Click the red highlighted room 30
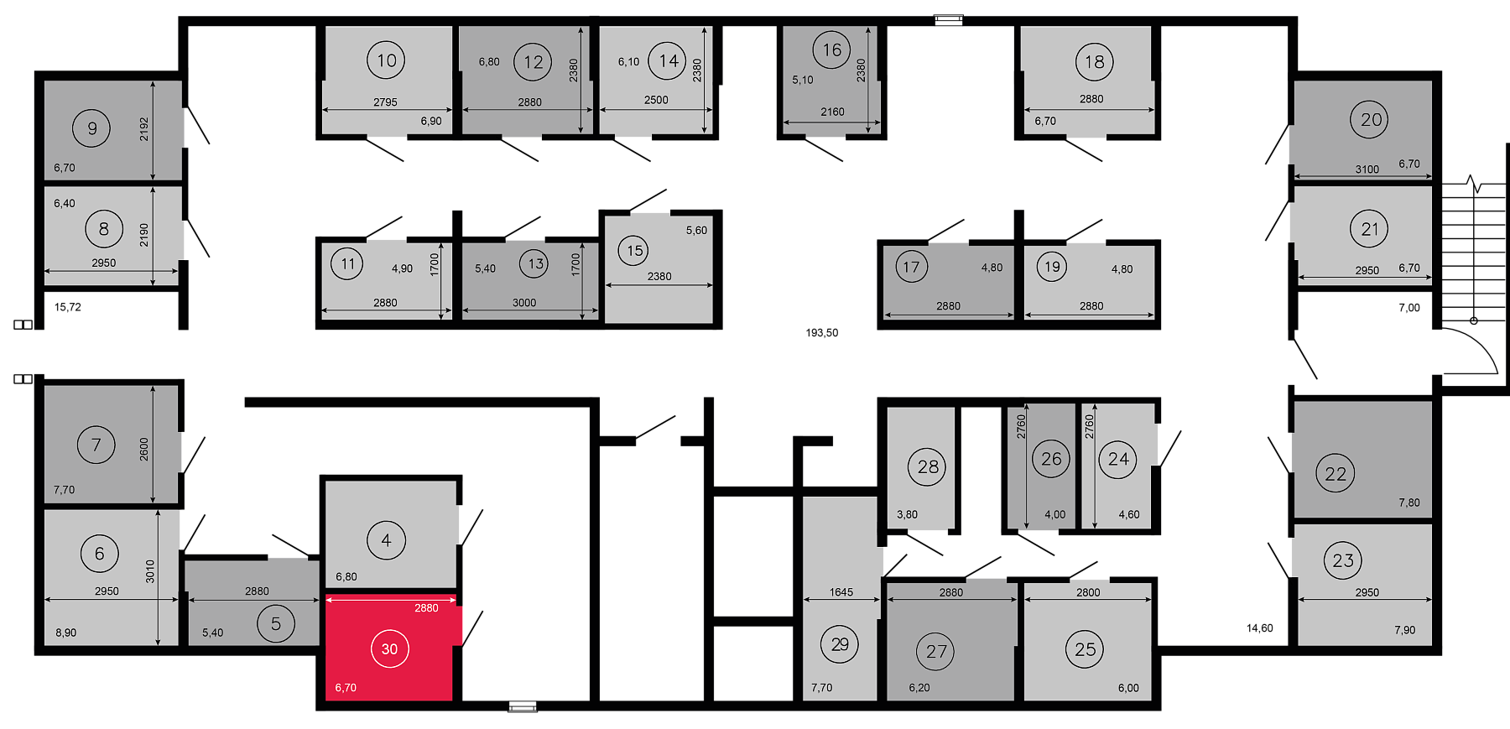[x=391, y=647]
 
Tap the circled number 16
[x=831, y=50]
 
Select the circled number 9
[x=91, y=128]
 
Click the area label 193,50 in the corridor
[x=822, y=333]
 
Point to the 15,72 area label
[x=68, y=307]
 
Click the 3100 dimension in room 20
[x=1367, y=169]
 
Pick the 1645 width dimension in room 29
[x=841, y=592]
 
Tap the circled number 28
[x=928, y=466]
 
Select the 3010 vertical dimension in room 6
[x=150, y=571]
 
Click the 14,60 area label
[x=1259, y=627]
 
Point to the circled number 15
[x=634, y=250]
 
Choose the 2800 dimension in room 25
[x=1088, y=592]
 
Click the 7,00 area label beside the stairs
[x=1409, y=308]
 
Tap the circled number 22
[x=1336, y=473]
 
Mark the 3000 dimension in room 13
[x=524, y=303]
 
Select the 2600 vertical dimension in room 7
[x=144, y=449]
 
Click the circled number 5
[x=276, y=622]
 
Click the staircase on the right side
[x=1474, y=252]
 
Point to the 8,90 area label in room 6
[x=65, y=633]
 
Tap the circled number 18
[x=1094, y=61]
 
